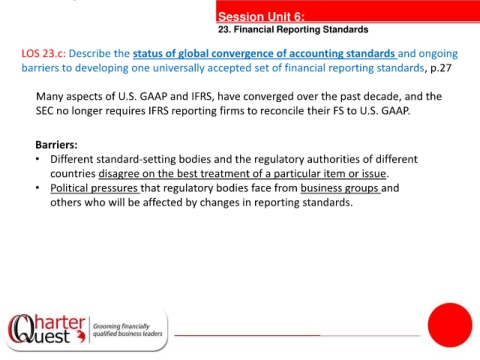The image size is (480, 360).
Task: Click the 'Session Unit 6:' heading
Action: pyautogui.click(x=261, y=16)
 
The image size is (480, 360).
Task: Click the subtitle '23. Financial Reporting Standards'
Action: pyautogui.click(x=293, y=30)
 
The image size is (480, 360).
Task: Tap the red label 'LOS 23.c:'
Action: pyautogui.click(x=44, y=53)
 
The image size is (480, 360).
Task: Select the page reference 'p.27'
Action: pyautogui.click(x=441, y=68)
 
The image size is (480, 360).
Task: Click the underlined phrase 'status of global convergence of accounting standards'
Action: pyautogui.click(x=265, y=54)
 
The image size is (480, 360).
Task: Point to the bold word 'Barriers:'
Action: pyautogui.click(x=56, y=145)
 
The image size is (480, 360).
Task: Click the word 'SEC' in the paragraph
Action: pyautogui.click(x=44, y=111)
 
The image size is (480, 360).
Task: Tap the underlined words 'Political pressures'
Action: pyautogui.click(x=94, y=188)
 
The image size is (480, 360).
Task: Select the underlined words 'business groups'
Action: pyautogui.click(x=339, y=188)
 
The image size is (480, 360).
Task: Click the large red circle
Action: pyautogui.click(x=450, y=325)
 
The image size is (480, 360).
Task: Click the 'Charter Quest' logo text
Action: pyautogui.click(x=47, y=329)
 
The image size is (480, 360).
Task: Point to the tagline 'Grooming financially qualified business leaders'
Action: pyautogui.click(x=128, y=330)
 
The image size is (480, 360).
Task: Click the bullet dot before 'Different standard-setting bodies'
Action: pyautogui.click(x=38, y=159)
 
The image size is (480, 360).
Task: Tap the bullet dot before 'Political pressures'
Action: pyautogui.click(x=38, y=188)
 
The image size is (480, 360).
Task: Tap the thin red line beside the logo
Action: pyautogui.click(x=297, y=335)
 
